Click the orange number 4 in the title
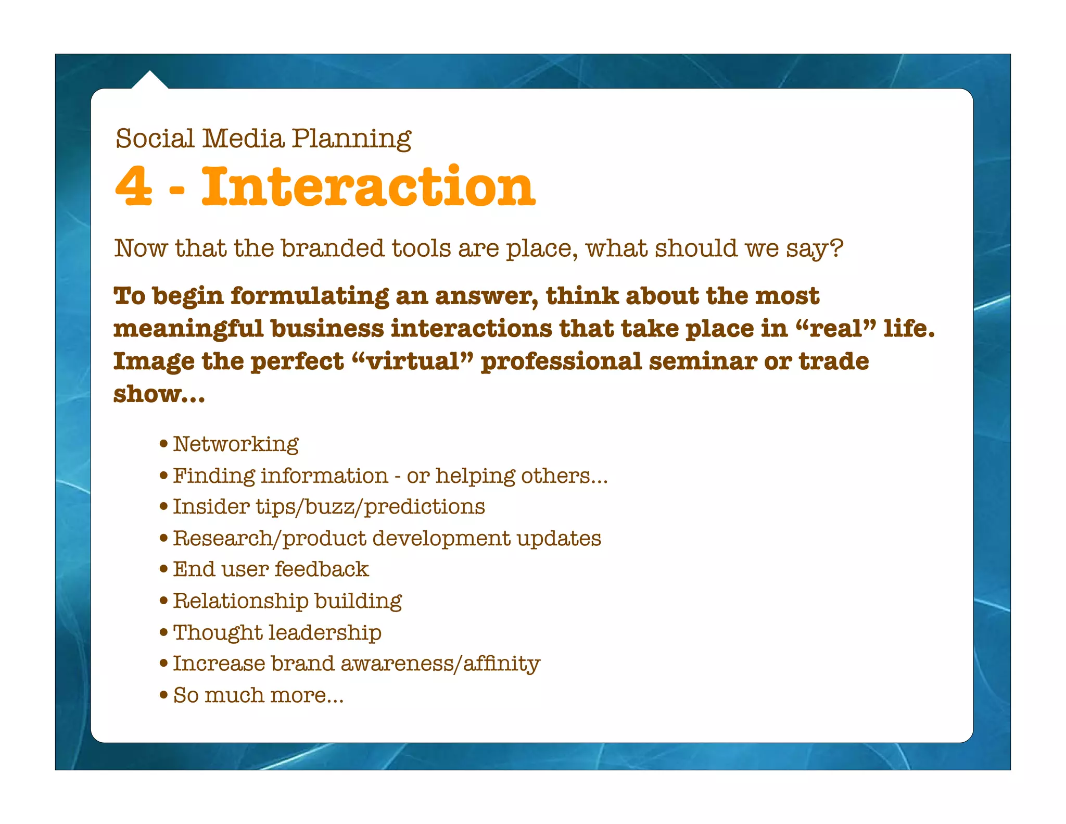pos(134,186)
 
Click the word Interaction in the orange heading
pos(367,186)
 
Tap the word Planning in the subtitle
pos(351,139)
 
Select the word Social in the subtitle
pos(155,139)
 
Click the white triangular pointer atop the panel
pos(149,81)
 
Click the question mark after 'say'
pos(836,248)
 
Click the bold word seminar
pos(702,361)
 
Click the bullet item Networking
pos(235,444)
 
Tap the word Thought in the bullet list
pos(217,633)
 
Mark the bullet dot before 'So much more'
pos(164,695)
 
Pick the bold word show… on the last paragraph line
pos(159,394)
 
